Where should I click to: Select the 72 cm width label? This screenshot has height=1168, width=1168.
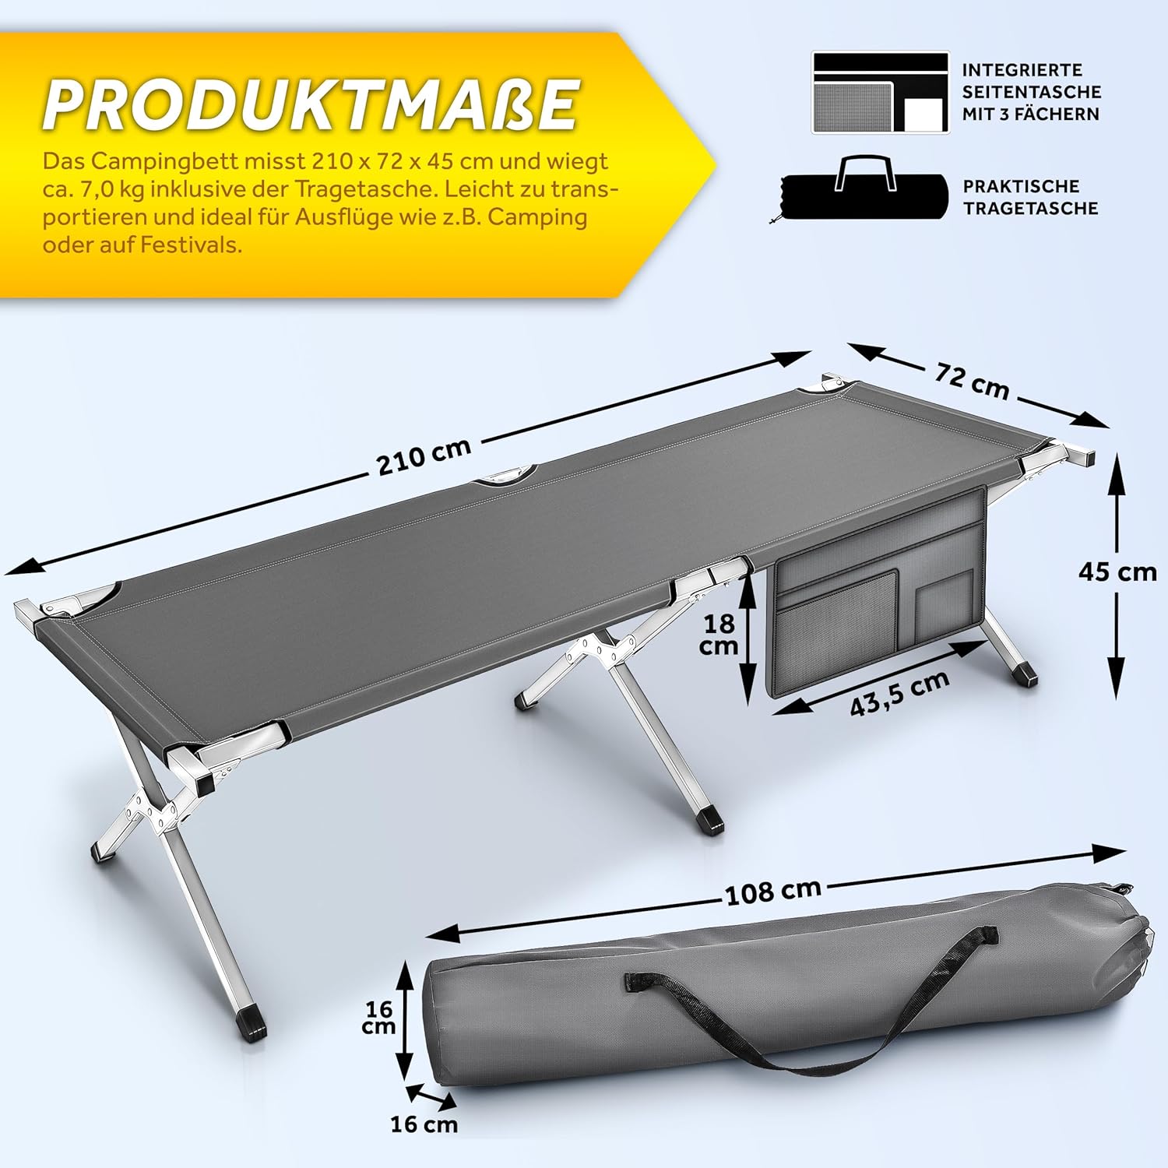point(972,381)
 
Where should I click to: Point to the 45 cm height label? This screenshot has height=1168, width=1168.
point(1117,572)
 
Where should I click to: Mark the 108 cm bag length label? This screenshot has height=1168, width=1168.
point(773,892)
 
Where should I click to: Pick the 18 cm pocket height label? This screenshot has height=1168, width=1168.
point(719,634)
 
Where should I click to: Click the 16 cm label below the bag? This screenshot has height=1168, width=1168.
point(424,1124)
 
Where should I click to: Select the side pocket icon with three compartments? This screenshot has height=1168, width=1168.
point(881,93)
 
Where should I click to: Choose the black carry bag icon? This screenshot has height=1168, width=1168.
point(864,190)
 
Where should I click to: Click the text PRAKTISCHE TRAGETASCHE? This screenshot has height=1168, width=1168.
point(1030,197)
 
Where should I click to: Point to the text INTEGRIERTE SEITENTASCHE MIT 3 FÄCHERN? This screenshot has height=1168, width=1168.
point(1031,92)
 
